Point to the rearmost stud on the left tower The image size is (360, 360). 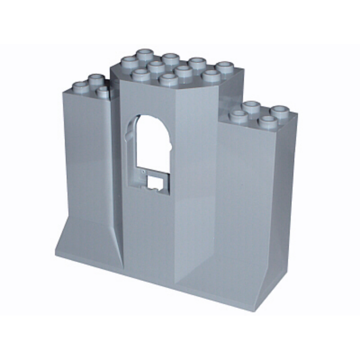pyautogui.click(x=94, y=78)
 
